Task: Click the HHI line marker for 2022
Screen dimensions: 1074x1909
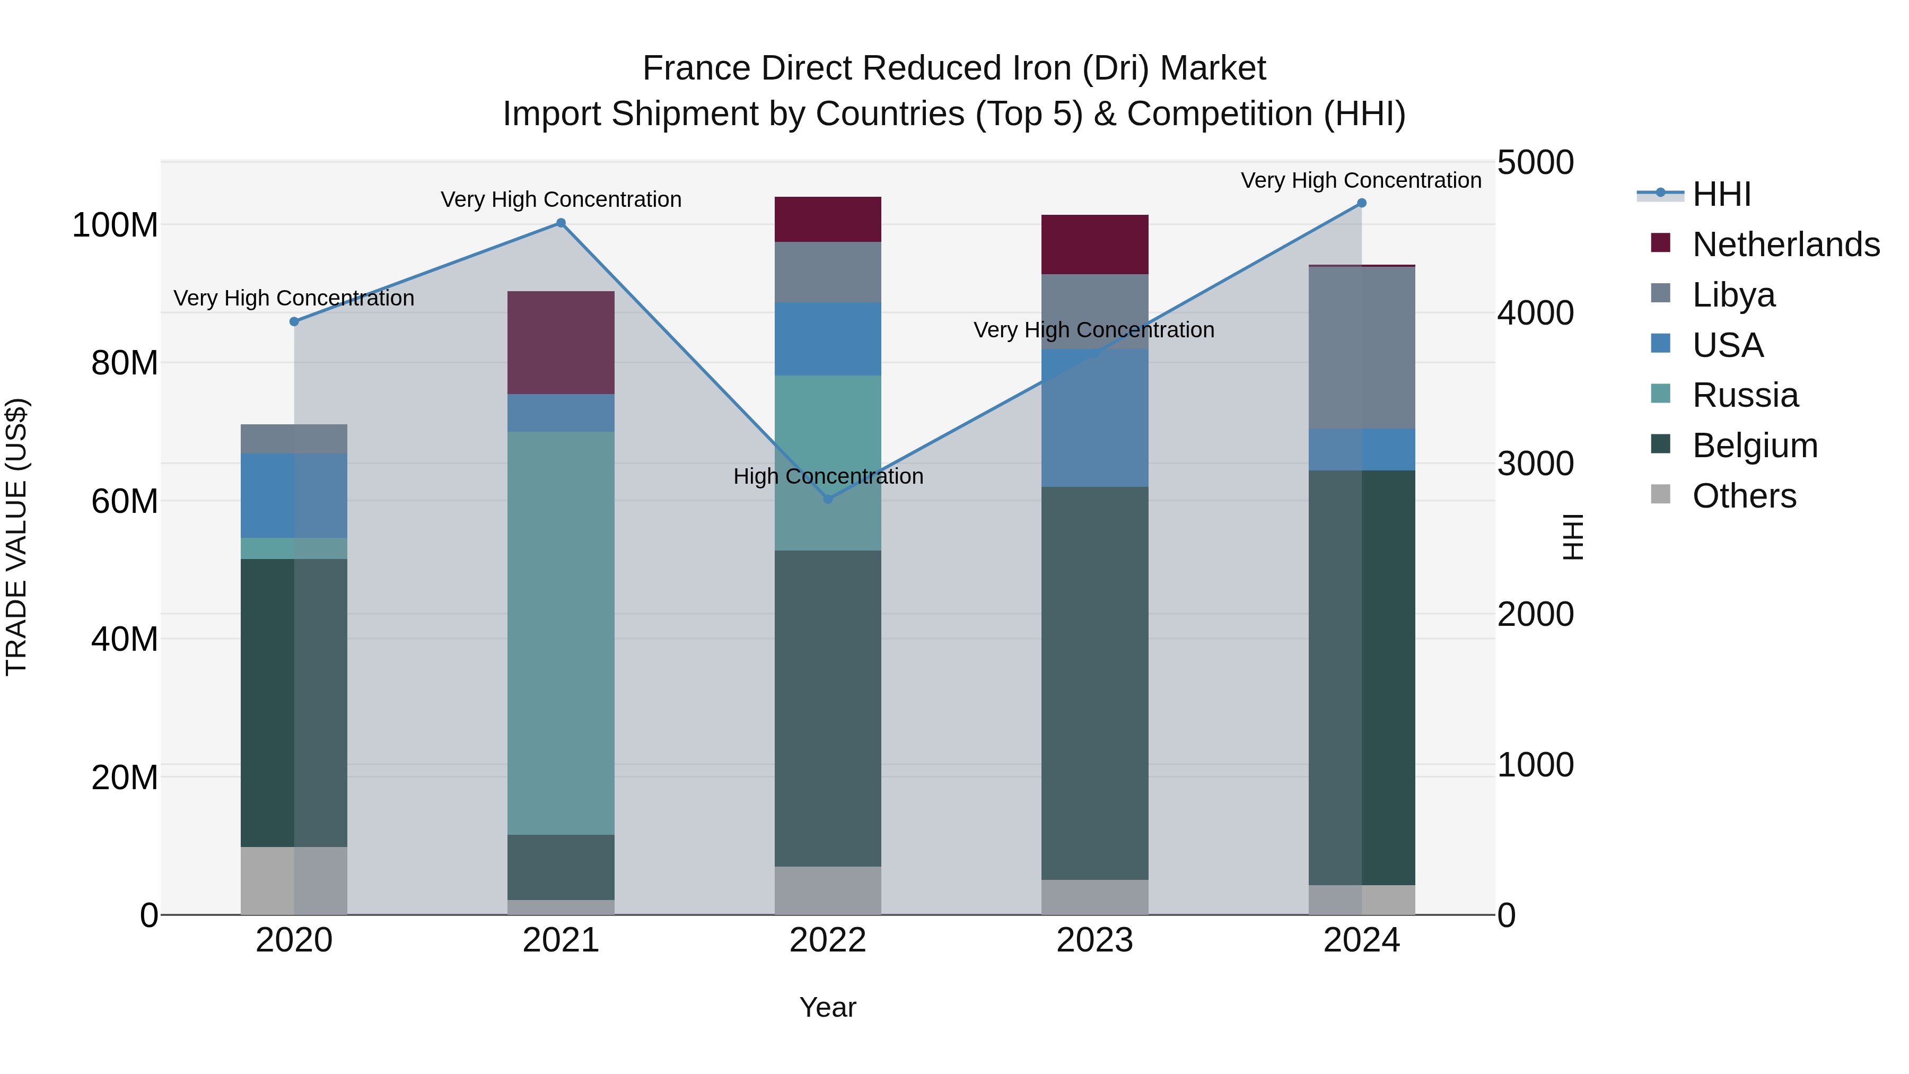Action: [x=828, y=499]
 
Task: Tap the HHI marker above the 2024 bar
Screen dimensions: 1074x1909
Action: [x=1361, y=203]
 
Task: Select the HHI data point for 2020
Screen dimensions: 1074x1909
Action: [x=294, y=322]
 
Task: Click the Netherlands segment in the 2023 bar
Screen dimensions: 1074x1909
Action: [x=1094, y=245]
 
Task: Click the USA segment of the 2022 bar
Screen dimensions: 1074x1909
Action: [x=828, y=339]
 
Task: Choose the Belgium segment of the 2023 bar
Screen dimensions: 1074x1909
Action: [x=1094, y=684]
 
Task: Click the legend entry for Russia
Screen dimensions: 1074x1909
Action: [x=1745, y=395]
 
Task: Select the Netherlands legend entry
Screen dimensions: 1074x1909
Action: [x=1785, y=245]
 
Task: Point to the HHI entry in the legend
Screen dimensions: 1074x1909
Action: [x=1721, y=194]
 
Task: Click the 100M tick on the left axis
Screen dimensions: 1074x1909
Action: [x=115, y=224]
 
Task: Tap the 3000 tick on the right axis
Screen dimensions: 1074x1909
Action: [x=1535, y=464]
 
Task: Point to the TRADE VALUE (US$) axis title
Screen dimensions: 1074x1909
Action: [x=16, y=537]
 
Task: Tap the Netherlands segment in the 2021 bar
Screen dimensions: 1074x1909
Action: [x=561, y=343]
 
